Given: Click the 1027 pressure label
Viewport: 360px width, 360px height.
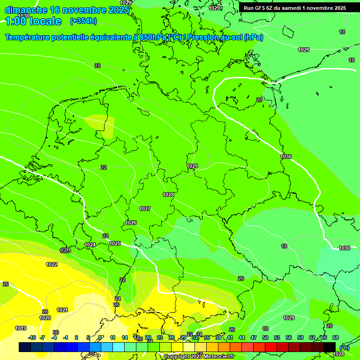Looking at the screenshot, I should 145,209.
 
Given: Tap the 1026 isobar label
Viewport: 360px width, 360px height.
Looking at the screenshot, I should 131,223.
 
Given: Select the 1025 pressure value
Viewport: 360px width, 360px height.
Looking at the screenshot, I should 115,243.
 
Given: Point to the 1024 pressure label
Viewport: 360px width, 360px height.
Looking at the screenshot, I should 90,245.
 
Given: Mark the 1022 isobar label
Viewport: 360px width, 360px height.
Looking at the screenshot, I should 52,264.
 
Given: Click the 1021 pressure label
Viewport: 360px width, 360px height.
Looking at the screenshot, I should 62,310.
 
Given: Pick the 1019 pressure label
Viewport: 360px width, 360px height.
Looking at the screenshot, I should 21,328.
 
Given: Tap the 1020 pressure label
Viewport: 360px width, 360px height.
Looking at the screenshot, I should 45,318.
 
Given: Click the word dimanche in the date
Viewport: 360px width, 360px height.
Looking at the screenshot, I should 26,10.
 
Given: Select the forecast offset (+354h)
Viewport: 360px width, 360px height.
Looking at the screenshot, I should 83,21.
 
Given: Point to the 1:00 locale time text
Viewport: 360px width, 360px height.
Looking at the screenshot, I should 33,21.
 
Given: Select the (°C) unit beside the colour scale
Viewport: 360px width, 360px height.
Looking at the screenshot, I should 344,347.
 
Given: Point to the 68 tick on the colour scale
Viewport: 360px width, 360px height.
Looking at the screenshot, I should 336,337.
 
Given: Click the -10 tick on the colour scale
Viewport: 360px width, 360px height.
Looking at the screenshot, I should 32,337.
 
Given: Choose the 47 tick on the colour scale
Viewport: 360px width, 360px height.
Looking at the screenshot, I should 254,337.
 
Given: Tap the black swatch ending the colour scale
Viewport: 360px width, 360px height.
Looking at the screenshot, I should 330,347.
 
